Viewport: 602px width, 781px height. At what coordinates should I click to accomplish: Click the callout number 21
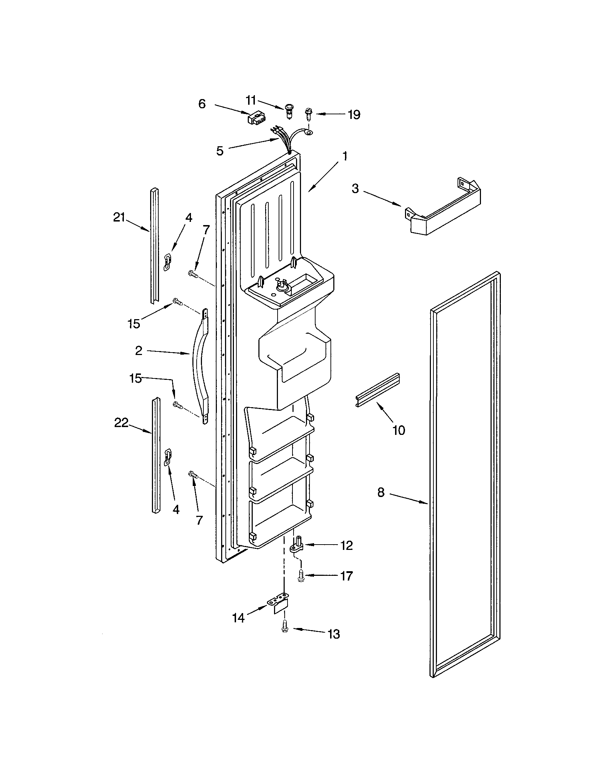119,217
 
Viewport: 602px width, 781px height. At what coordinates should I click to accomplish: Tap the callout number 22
121,423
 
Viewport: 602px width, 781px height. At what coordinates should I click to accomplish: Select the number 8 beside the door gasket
381,492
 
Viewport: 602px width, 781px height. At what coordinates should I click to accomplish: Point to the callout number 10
399,430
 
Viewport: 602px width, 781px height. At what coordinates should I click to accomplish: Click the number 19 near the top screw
354,115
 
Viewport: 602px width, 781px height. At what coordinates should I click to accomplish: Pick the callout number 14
238,618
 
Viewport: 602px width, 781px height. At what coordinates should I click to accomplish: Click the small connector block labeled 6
255,118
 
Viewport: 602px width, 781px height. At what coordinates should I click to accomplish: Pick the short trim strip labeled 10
378,391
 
